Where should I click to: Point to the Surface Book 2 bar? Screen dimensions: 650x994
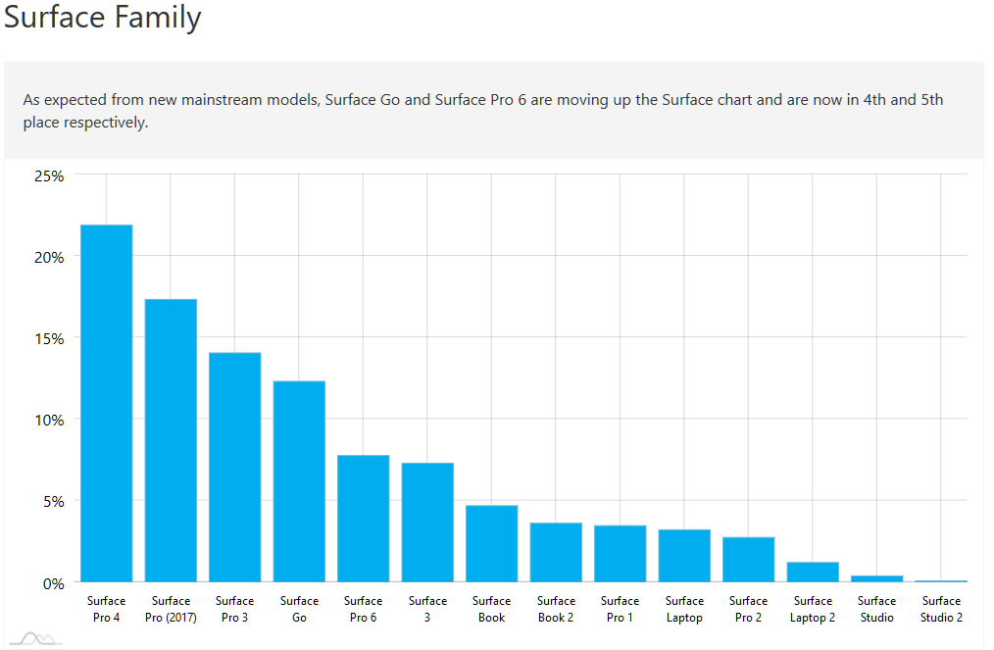point(556,552)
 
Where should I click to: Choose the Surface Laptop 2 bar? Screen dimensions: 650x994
point(813,572)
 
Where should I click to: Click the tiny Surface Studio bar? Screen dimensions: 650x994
point(876,578)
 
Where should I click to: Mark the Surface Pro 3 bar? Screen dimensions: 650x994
point(234,467)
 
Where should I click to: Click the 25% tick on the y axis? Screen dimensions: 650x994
point(49,175)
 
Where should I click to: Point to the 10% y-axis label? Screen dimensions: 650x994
point(49,420)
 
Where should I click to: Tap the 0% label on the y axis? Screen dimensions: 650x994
point(53,583)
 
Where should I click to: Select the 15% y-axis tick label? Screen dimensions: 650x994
point(49,338)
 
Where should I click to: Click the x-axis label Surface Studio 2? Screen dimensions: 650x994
point(941,609)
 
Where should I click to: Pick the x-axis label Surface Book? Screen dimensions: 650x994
point(491,609)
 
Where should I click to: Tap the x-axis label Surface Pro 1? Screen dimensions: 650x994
point(620,609)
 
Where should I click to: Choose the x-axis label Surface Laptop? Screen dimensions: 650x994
point(684,609)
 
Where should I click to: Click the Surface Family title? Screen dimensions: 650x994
point(103,18)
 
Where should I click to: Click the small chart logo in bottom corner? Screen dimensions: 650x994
point(36,639)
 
